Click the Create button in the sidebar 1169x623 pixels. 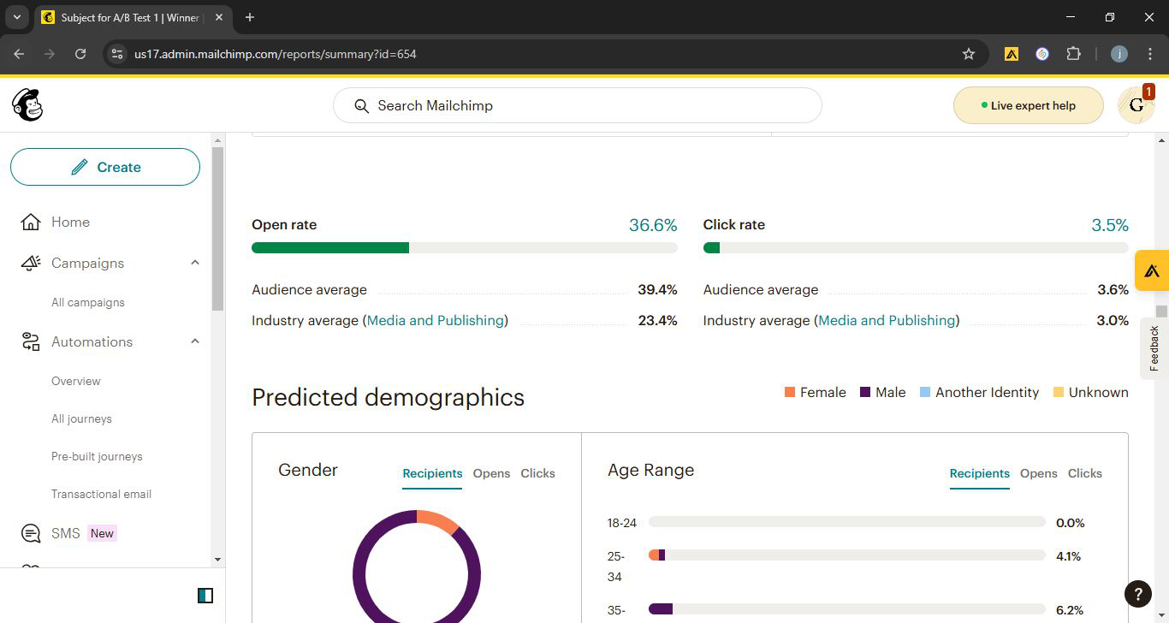coord(105,167)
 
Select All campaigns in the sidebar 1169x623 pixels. coord(87,303)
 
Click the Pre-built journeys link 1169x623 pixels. coord(97,457)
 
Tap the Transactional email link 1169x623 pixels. coord(101,494)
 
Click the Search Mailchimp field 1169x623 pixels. coord(577,105)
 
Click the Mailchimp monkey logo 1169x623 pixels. coord(27,105)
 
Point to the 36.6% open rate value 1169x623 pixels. coord(653,225)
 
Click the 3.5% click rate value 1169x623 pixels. coord(1109,225)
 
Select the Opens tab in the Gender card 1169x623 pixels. coord(491,473)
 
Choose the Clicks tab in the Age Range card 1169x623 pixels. coord(1084,473)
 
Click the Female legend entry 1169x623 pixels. coord(816,393)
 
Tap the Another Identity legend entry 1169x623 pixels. coord(979,393)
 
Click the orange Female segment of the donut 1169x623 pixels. coord(437,520)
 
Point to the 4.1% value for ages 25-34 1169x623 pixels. coord(1068,556)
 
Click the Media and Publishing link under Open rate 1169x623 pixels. coord(436,320)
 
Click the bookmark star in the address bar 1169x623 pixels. coord(969,54)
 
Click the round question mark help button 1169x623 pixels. coord(1137,594)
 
